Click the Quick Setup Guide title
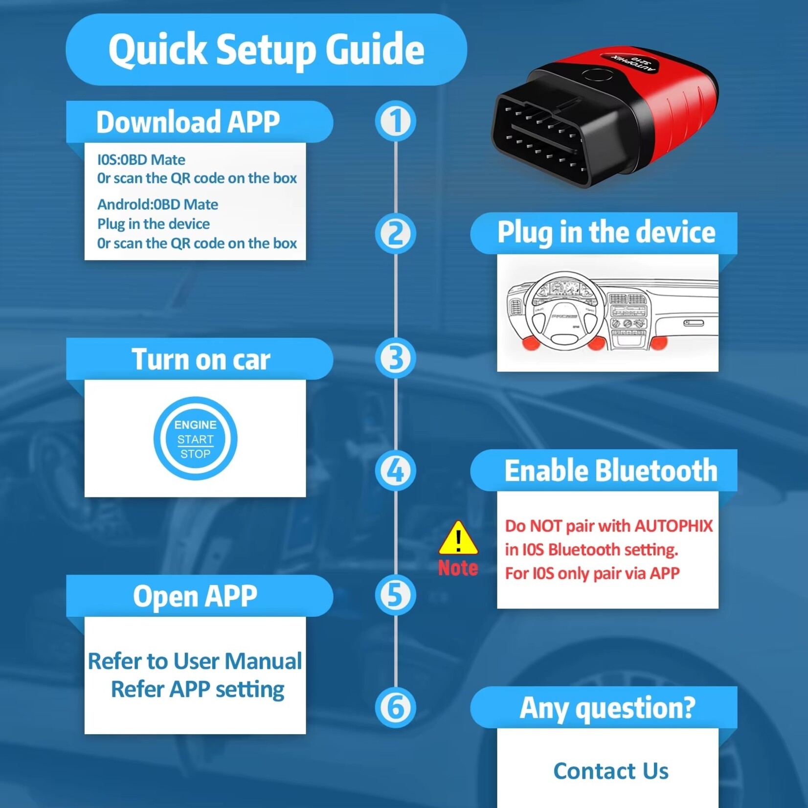pyautogui.click(x=266, y=50)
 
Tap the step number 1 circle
pyautogui.click(x=395, y=121)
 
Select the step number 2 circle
pyautogui.click(x=395, y=234)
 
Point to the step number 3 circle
pyautogui.click(x=395, y=359)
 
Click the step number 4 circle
pyautogui.click(x=395, y=471)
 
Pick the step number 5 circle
pyautogui.click(x=395, y=595)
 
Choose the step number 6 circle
pyautogui.click(x=395, y=707)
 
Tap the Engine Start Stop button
pyautogui.click(x=195, y=439)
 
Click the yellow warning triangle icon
pyautogui.click(x=458, y=538)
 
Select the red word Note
pyautogui.click(x=458, y=568)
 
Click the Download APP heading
pyautogui.click(x=188, y=122)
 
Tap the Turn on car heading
pyautogui.click(x=201, y=359)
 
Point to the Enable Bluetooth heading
pyautogui.click(x=610, y=471)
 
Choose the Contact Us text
pyautogui.click(x=610, y=771)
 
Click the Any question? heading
pyautogui.click(x=607, y=708)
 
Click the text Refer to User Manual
pyautogui.click(x=195, y=661)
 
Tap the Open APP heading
pyautogui.click(x=195, y=596)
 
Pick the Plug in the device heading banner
pyautogui.click(x=606, y=232)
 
